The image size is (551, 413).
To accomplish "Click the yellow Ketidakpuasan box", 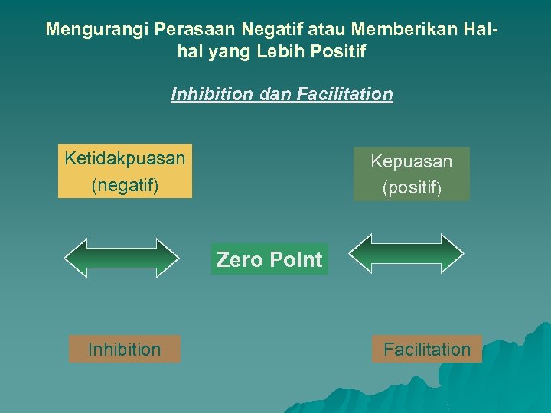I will point(125,171).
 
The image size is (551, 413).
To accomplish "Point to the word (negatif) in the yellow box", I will point(125,185).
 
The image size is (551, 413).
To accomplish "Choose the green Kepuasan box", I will point(412,174).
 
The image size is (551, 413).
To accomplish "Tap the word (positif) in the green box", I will point(412,187).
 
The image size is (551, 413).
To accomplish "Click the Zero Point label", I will point(269,259).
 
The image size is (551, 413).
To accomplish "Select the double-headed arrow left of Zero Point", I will point(122,258).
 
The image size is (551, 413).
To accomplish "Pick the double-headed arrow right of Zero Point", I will point(406,253).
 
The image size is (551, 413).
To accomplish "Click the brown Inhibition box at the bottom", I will point(125,350).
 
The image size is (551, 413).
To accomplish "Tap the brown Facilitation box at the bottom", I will point(427,350).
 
